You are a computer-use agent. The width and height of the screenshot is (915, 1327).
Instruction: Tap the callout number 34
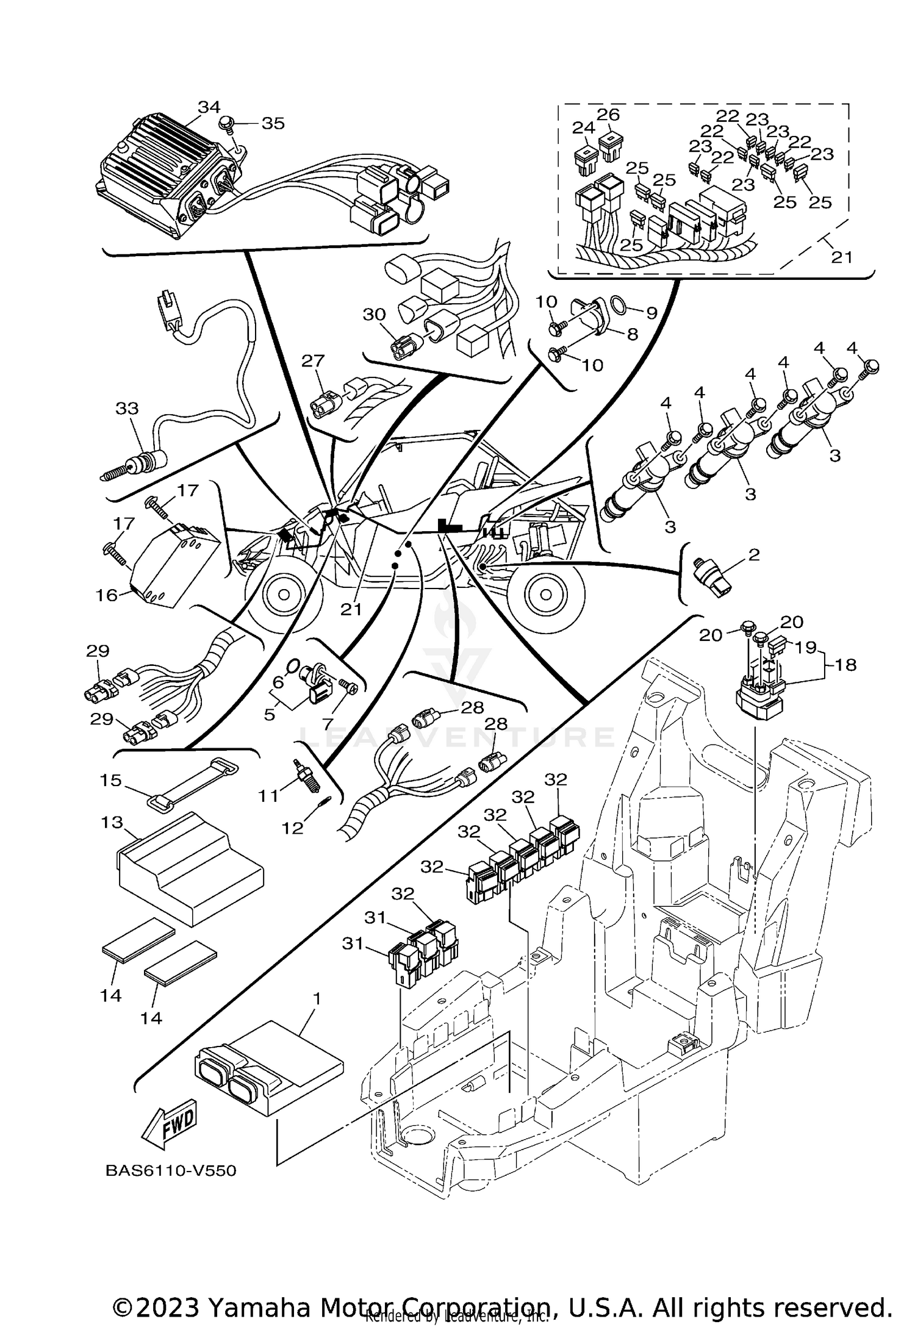click(209, 107)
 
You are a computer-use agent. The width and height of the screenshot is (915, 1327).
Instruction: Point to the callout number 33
click(127, 408)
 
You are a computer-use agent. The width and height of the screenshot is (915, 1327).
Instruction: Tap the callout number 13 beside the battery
click(112, 823)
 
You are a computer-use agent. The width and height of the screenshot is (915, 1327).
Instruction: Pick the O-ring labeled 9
click(617, 304)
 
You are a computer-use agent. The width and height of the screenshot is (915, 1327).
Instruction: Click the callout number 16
click(106, 595)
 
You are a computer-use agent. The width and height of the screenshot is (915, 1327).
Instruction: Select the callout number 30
click(374, 315)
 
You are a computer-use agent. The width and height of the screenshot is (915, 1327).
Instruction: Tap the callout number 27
click(313, 360)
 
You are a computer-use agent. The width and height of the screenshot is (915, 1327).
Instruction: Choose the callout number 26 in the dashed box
click(608, 115)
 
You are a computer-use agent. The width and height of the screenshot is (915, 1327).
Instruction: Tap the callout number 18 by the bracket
click(845, 664)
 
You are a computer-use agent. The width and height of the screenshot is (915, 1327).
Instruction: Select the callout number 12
click(292, 829)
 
